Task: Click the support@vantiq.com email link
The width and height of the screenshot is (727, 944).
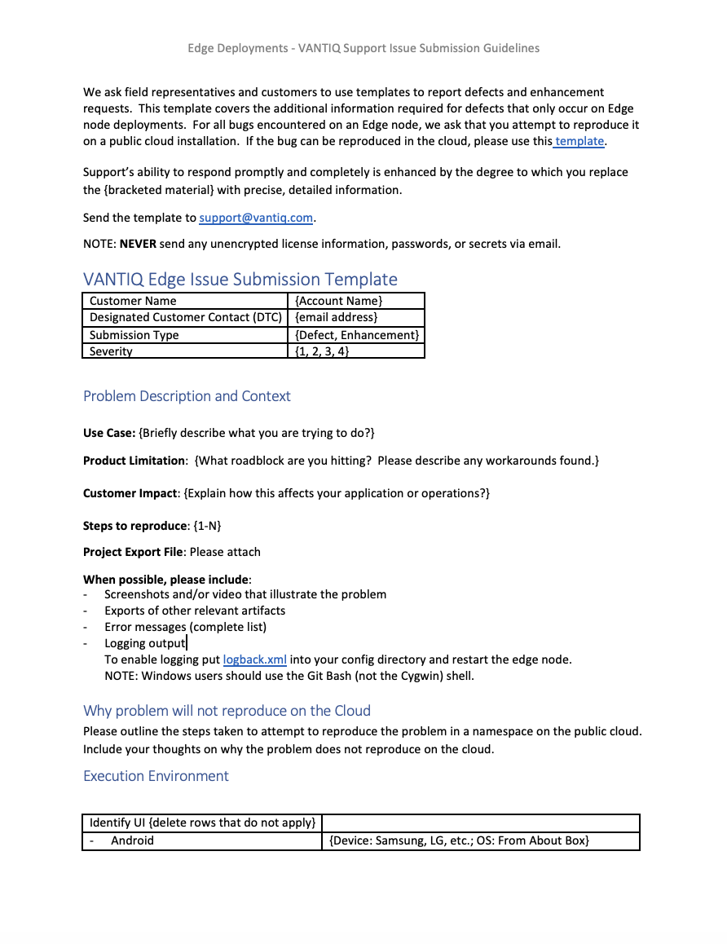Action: coord(256,218)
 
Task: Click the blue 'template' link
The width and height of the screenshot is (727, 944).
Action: coord(579,141)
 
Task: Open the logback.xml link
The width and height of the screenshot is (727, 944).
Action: coord(254,659)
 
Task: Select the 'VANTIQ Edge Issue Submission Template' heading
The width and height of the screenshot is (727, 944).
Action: coord(240,279)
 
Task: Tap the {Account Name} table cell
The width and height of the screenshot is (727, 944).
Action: coord(338,301)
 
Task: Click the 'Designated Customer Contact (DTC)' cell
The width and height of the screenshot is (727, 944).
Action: coord(185,317)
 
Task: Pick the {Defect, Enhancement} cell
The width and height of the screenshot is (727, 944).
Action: coord(357,335)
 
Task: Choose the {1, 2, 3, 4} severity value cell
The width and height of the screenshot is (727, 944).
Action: coord(322,351)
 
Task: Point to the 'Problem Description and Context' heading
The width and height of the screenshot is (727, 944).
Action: coord(187,396)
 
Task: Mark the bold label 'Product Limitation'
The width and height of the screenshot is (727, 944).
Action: coord(134,461)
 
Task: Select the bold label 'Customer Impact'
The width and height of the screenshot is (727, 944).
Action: coord(130,493)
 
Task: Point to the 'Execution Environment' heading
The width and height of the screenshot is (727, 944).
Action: coord(156,776)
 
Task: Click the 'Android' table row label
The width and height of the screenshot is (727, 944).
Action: coord(132,840)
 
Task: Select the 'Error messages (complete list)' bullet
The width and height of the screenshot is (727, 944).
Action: coord(185,627)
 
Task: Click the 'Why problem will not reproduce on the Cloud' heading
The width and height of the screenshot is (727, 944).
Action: coord(227,711)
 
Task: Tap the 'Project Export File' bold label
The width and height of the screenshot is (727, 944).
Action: coord(133,552)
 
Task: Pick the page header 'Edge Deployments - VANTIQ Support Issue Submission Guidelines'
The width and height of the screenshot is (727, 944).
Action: coord(363,48)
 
